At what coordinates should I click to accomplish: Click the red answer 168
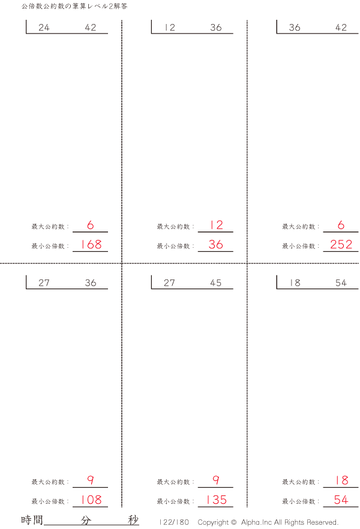(91, 244)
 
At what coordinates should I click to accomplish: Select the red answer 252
(341, 244)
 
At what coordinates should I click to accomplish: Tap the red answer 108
(91, 500)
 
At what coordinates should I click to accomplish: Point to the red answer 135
(216, 500)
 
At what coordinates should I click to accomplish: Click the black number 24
(44, 28)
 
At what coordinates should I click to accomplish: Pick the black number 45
(216, 282)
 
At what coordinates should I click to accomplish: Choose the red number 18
(342, 480)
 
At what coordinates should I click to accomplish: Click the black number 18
(295, 282)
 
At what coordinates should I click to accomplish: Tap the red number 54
(341, 500)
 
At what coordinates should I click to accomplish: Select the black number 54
(341, 282)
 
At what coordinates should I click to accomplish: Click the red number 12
(216, 225)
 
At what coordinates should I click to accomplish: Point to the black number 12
(170, 28)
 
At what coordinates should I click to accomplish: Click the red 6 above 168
(91, 225)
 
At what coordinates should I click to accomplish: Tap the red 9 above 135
(216, 480)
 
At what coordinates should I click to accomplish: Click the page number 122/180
(174, 522)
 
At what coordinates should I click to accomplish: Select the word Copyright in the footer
(213, 522)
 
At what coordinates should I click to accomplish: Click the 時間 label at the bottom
(32, 520)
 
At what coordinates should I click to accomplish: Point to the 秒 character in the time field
(133, 520)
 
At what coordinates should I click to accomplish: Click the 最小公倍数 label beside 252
(299, 247)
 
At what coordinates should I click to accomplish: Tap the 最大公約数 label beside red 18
(299, 482)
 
